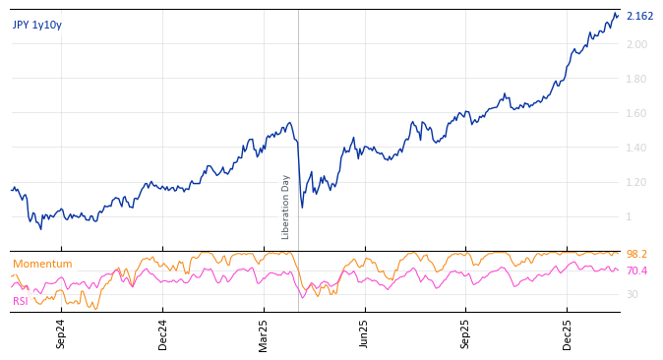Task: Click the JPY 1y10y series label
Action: (x=37, y=26)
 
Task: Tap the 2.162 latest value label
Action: (x=639, y=16)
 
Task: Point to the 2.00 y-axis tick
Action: (x=636, y=44)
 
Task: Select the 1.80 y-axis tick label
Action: (x=636, y=79)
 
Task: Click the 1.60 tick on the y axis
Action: (x=636, y=113)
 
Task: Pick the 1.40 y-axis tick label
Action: (x=636, y=148)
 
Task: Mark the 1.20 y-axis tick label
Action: (x=636, y=182)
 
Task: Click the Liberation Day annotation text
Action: (x=286, y=207)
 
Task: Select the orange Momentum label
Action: (x=42, y=264)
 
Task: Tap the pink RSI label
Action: (x=21, y=301)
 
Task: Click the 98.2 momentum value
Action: (x=636, y=255)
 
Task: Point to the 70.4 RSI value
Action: (x=636, y=270)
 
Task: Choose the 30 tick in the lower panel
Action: (x=633, y=294)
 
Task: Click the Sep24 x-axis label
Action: (x=61, y=333)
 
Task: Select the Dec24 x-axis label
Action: (x=162, y=333)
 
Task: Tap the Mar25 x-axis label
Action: (x=264, y=333)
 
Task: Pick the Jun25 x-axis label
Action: (x=365, y=333)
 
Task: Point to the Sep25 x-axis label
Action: (x=466, y=333)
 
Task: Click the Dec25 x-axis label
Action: (x=568, y=333)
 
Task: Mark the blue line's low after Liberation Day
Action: (x=302, y=207)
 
